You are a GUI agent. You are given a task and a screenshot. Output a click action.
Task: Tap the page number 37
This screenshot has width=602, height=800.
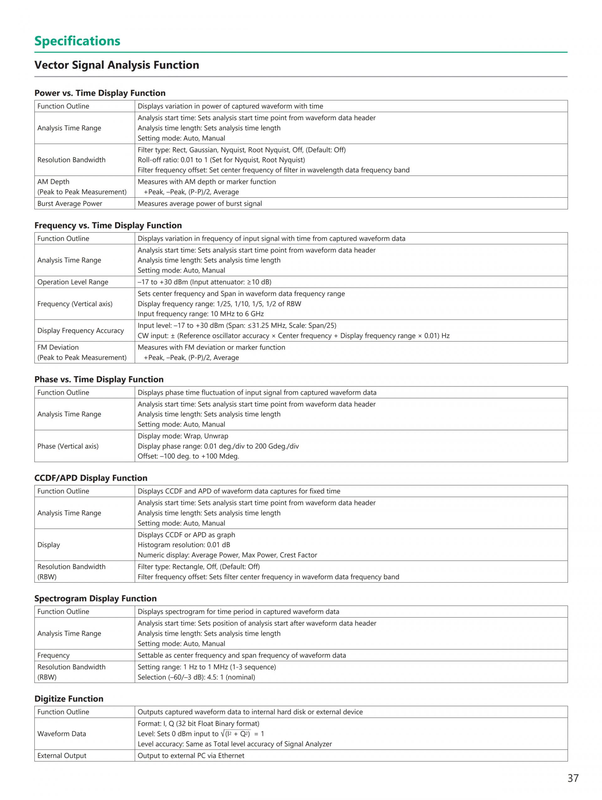point(573,778)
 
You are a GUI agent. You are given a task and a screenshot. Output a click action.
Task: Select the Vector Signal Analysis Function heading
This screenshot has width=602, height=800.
point(116,65)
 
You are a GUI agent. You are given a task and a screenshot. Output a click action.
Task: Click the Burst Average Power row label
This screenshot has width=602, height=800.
point(70,204)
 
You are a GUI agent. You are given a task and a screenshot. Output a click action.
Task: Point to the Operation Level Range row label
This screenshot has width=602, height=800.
point(73,282)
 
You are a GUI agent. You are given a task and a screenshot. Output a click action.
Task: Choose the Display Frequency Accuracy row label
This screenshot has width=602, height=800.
point(80,331)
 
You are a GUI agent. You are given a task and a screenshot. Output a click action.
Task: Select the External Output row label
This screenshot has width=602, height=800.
point(62,755)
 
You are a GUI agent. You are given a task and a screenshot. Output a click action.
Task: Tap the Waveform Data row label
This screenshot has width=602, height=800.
point(61,733)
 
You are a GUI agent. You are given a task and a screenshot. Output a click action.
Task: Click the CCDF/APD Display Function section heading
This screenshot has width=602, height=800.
point(91,478)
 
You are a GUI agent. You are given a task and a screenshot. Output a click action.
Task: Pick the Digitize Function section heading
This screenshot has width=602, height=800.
point(69,699)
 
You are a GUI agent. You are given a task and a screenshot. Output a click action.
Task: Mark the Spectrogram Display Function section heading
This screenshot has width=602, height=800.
point(95,599)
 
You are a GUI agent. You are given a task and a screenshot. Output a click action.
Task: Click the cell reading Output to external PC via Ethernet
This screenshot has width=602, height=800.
point(191,755)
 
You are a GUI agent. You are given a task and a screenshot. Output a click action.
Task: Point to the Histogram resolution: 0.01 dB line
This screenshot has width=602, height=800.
point(183,545)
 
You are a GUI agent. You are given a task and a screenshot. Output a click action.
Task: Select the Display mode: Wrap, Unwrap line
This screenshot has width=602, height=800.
point(183,436)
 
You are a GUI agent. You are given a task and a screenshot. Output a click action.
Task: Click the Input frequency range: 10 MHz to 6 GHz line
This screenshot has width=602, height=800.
point(201,314)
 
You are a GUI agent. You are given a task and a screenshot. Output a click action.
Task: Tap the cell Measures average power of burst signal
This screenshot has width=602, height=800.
point(199,204)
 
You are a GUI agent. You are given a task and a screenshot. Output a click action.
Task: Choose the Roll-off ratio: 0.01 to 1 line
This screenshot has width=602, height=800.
point(221,160)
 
